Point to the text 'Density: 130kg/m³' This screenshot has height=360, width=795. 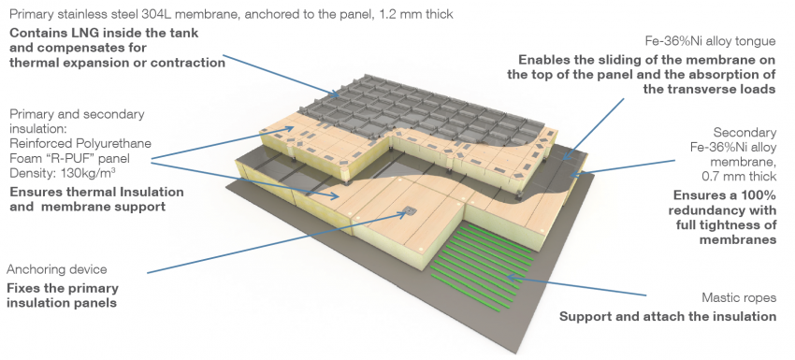pos(63,173)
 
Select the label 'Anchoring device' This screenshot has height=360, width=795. pos(57,269)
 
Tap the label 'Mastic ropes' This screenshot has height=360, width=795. pos(739,297)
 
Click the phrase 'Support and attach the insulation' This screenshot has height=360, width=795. pos(668,316)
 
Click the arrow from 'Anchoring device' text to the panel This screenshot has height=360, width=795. pos(277,243)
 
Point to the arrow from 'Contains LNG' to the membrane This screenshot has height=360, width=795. pos(281,75)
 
